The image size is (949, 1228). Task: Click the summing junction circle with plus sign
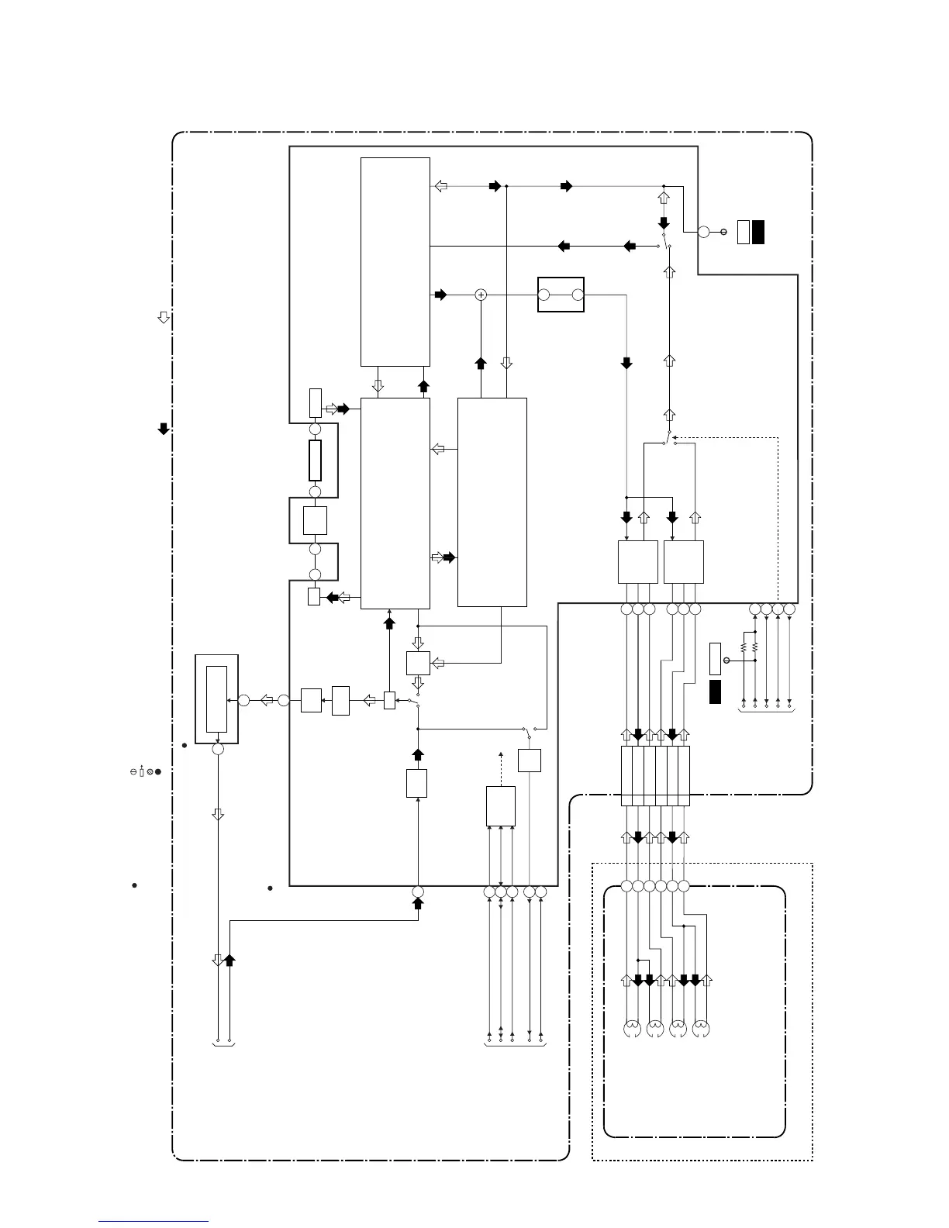pyautogui.click(x=481, y=295)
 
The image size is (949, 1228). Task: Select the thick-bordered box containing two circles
pyautogui.click(x=561, y=295)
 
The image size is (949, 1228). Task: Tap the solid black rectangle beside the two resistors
pyautogui.click(x=716, y=692)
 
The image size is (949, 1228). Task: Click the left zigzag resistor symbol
pyautogui.click(x=744, y=646)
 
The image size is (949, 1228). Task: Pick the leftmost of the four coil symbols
pyautogui.click(x=633, y=1030)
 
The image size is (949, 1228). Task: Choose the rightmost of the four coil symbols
pyautogui.click(x=701, y=1030)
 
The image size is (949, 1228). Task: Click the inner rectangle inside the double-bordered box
pyautogui.click(x=217, y=699)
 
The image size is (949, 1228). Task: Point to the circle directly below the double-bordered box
pyautogui.click(x=218, y=750)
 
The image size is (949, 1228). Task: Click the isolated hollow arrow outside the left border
pyautogui.click(x=164, y=317)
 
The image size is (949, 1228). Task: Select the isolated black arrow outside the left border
pyautogui.click(x=164, y=428)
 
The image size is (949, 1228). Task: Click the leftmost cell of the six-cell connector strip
pyautogui.click(x=627, y=776)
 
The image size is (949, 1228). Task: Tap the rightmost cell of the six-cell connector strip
pyautogui.click(x=684, y=776)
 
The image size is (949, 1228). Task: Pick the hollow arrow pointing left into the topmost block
pyautogui.click(x=440, y=186)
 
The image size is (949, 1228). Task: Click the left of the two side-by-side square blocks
pyautogui.click(x=637, y=562)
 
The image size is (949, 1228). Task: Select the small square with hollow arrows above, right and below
pyautogui.click(x=418, y=663)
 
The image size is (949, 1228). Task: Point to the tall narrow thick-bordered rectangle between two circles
pyautogui.click(x=315, y=461)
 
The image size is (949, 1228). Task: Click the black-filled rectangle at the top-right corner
pyautogui.click(x=758, y=232)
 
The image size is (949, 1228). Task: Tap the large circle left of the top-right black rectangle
pyautogui.click(x=704, y=232)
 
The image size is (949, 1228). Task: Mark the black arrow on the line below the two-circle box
pyautogui.click(x=627, y=362)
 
